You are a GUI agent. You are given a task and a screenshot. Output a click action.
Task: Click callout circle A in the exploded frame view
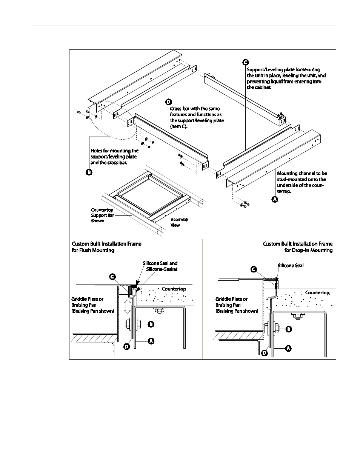click(x=275, y=199)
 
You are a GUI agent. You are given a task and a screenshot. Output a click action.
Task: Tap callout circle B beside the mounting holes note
click(x=89, y=172)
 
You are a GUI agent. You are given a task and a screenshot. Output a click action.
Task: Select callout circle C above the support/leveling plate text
click(x=245, y=62)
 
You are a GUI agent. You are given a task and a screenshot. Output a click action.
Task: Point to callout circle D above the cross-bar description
click(x=168, y=102)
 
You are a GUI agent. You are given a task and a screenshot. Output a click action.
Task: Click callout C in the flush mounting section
click(x=112, y=277)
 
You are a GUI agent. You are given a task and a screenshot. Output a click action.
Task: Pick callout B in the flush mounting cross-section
click(x=151, y=324)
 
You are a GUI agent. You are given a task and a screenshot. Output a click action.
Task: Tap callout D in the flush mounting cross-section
click(x=127, y=346)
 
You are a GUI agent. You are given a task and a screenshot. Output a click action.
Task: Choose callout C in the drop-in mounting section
click(x=254, y=269)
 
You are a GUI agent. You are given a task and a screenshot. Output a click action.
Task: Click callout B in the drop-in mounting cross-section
click(x=289, y=329)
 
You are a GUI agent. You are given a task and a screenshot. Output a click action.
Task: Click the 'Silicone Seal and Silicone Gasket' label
click(x=160, y=266)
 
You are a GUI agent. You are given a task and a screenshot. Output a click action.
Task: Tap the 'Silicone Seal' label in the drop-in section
click(x=291, y=265)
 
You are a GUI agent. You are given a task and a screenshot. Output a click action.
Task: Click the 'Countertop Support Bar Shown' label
click(x=102, y=215)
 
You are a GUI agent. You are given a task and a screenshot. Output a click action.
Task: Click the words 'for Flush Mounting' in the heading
click(x=93, y=250)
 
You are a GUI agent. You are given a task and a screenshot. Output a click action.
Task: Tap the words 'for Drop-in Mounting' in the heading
click(x=308, y=250)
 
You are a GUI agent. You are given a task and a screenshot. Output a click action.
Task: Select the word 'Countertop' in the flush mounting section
click(x=174, y=289)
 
